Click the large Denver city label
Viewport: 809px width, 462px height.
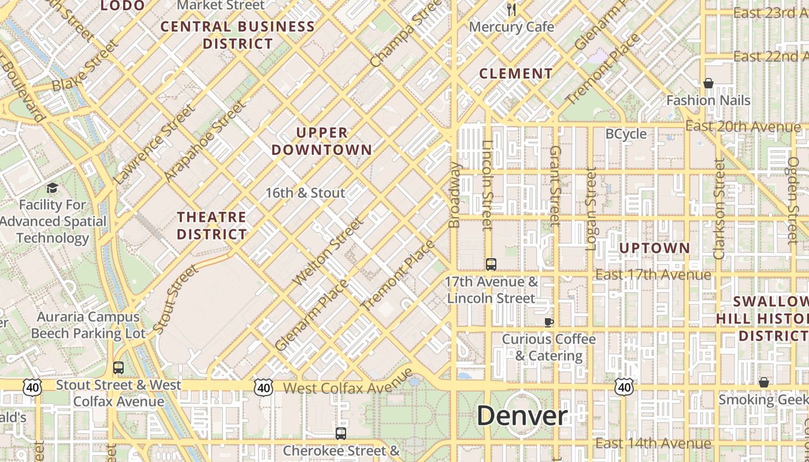pos(522,416)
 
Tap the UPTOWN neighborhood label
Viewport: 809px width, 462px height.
pos(655,248)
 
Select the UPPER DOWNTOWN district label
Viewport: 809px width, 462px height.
pos(322,141)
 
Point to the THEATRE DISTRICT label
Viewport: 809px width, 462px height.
pos(212,226)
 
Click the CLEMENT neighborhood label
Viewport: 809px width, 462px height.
pos(516,74)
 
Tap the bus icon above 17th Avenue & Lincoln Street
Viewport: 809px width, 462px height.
pos(491,264)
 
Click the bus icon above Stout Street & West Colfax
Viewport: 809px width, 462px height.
pos(118,367)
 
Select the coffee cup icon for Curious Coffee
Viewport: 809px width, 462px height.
pos(548,322)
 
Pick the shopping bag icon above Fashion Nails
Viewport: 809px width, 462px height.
pos(708,84)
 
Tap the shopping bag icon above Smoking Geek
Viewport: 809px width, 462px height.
pos(764,382)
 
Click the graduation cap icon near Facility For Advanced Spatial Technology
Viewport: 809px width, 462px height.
pos(52,188)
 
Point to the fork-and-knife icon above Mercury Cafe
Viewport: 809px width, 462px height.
pos(511,9)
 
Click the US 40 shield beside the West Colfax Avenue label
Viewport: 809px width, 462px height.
pos(264,387)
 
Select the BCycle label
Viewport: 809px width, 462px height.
pos(626,134)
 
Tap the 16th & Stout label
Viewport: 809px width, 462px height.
pos(305,193)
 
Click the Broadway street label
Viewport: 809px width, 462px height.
pos(455,195)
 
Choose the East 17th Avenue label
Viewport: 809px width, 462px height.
pos(653,274)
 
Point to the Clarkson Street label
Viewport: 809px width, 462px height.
pos(719,209)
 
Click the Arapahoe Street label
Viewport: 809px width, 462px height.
pos(205,141)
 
